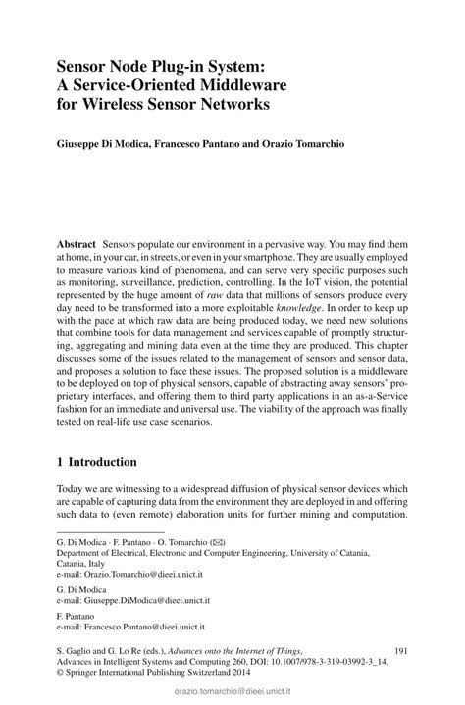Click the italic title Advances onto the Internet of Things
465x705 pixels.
coord(226,650)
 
